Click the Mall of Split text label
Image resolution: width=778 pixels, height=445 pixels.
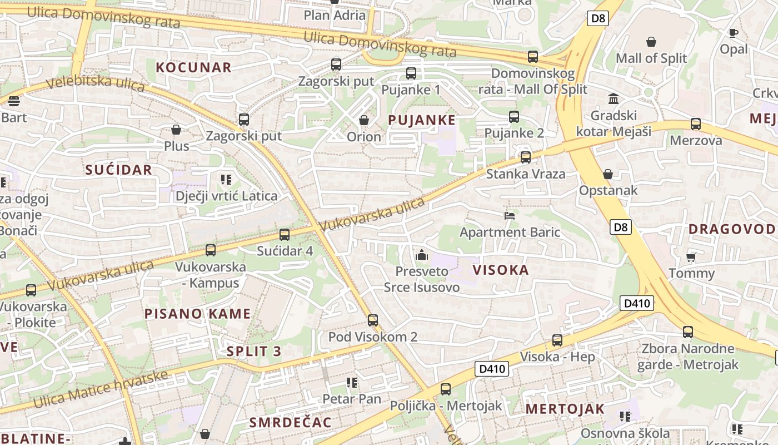[x=651, y=58]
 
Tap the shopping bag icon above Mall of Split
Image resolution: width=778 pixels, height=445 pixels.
[x=651, y=42]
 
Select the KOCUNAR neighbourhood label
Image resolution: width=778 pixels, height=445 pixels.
[x=193, y=68]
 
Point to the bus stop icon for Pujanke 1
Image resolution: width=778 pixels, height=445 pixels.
[x=411, y=73]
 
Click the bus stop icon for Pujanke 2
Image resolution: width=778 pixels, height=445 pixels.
[x=514, y=117]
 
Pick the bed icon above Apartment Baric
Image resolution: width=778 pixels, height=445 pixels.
[x=510, y=215]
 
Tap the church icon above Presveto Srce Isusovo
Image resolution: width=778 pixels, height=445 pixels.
[x=422, y=255]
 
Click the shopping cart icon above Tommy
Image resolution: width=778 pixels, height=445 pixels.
[x=691, y=256]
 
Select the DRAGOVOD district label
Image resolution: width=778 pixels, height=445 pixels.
[x=732, y=229]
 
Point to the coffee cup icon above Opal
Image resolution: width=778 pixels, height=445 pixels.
[x=734, y=33]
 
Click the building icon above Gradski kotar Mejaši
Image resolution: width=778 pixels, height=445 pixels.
[x=614, y=99]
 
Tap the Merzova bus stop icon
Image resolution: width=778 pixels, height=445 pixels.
[x=696, y=124]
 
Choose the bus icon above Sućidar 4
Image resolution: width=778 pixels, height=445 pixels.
[x=285, y=235]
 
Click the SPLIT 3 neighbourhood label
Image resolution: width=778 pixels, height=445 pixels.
[x=254, y=352]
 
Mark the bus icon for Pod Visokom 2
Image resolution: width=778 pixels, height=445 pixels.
[x=373, y=320]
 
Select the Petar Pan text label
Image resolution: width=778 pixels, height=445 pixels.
[x=352, y=399]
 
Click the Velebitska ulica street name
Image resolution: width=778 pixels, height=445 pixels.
[x=95, y=85]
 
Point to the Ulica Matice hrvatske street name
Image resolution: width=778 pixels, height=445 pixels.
[x=100, y=389]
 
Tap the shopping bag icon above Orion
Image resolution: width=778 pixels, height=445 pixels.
[x=364, y=120]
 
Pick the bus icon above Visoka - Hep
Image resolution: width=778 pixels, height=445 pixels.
[x=557, y=340]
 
